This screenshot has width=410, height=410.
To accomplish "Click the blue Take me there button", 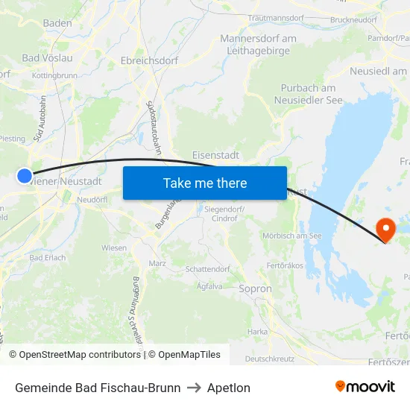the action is [x=204, y=183].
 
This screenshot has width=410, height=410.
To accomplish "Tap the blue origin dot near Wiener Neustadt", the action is [x=25, y=176].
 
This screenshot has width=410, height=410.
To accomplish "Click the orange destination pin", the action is [x=386, y=229].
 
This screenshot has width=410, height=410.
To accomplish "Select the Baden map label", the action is [x=57, y=23].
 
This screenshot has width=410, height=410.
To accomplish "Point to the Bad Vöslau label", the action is [x=47, y=57].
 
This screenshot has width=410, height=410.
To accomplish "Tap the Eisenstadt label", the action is [x=215, y=155].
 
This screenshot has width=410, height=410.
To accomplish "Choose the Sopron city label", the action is [x=256, y=288].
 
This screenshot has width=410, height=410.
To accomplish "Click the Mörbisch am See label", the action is [x=292, y=236].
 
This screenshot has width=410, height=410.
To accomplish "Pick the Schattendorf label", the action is [x=208, y=268].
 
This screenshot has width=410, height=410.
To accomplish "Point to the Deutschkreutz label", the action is [x=269, y=359].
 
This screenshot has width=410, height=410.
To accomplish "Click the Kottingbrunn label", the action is [x=54, y=75].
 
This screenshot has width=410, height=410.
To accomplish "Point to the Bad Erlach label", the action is [x=47, y=258].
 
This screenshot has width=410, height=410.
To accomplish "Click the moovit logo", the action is [x=365, y=386].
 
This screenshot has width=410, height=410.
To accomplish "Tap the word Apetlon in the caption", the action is [x=228, y=388].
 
